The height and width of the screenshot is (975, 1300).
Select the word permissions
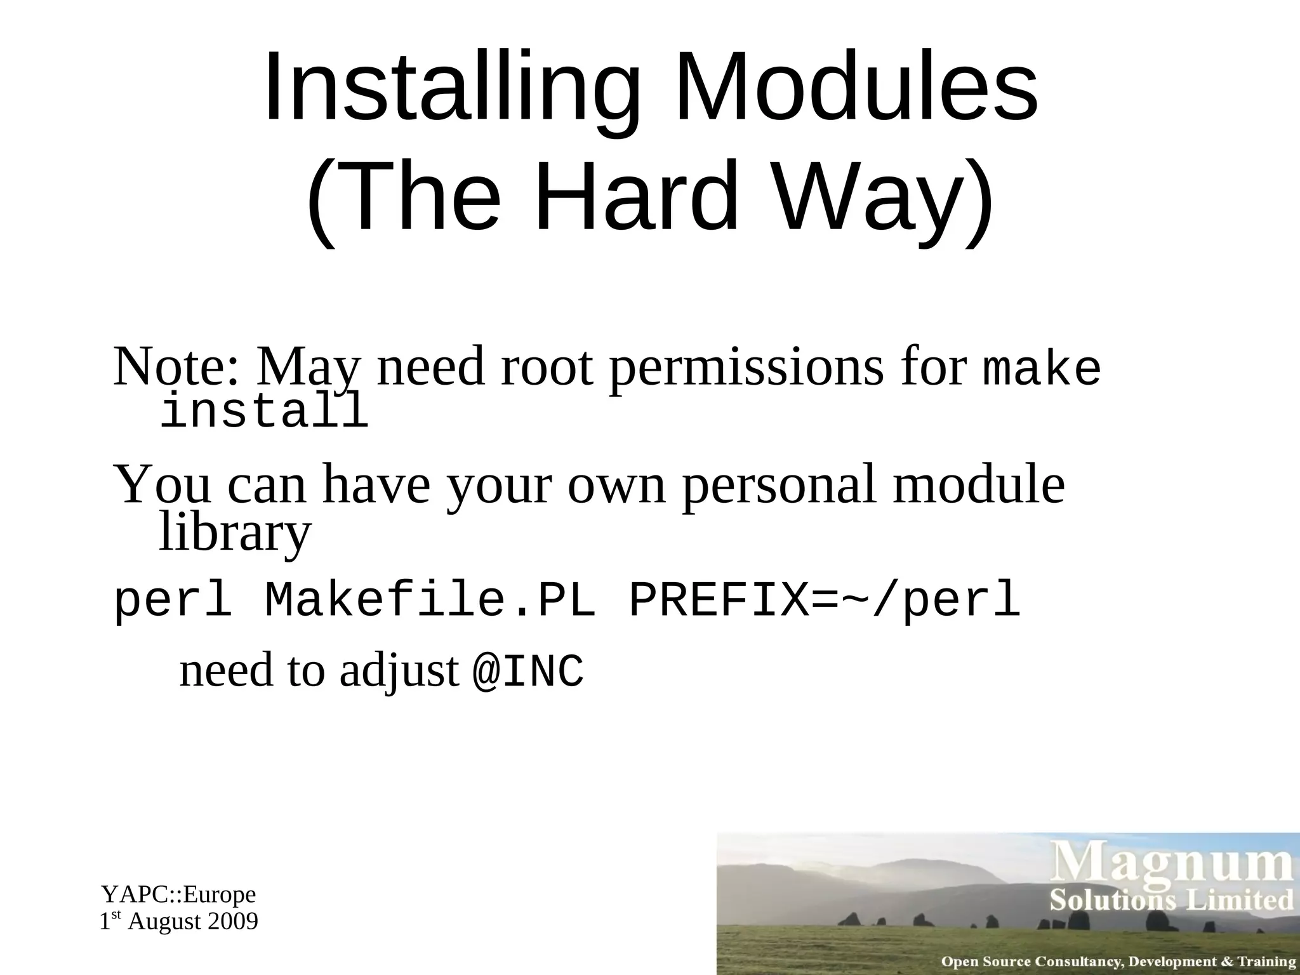coord(746,368)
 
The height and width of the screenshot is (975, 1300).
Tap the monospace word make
coord(1041,369)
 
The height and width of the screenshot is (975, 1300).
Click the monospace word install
coord(263,411)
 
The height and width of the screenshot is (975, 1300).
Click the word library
coord(235,532)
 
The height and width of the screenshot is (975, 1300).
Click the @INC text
coord(527,672)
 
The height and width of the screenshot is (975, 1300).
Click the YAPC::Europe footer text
coord(178,894)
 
